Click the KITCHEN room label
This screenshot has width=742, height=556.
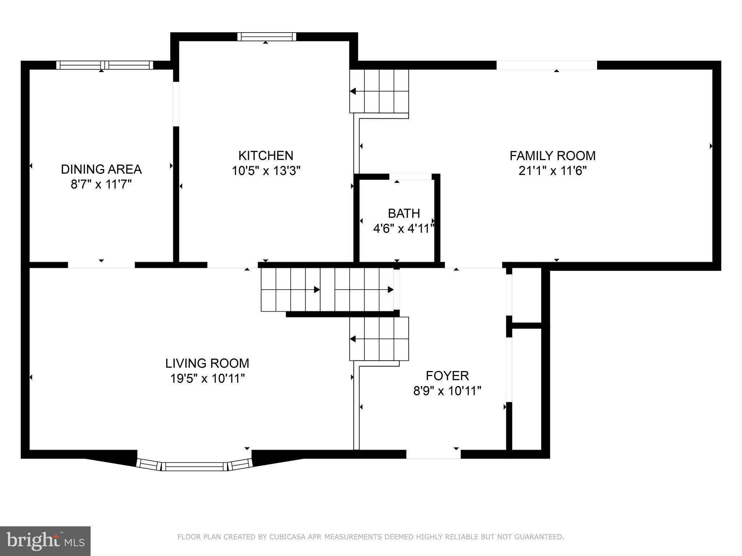[266, 156]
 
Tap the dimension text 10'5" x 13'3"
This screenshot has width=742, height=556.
[266, 170]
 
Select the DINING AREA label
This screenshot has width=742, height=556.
[101, 169]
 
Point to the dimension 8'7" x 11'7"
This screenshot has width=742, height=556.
[101, 185]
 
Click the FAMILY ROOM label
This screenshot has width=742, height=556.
[553, 156]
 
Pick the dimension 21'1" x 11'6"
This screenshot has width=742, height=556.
[553, 170]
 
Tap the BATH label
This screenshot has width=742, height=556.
[404, 214]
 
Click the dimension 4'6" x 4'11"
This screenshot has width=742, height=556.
[404, 229]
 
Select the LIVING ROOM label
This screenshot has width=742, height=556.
[207, 363]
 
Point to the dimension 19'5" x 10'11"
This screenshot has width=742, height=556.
[208, 379]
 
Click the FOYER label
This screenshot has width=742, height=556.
[447, 376]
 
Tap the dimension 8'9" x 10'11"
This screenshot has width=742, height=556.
[447, 391]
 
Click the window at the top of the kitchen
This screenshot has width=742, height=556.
[267, 37]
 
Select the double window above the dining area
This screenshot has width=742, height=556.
[105, 65]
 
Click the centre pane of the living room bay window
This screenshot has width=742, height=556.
[194, 467]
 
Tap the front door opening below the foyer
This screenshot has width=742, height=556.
[433, 454]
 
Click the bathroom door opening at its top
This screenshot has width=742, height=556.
[411, 177]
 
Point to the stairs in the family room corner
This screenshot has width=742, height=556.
[379, 91]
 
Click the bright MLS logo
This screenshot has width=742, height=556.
[45, 541]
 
